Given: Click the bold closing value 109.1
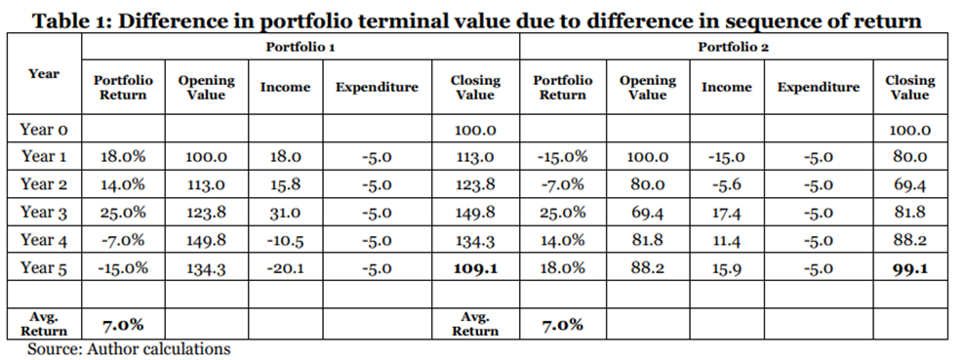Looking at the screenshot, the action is coord(475,268).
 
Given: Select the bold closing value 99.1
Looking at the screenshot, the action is coord(910,268).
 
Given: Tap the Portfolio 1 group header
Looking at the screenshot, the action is coord(300,47).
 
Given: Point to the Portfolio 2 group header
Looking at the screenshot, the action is coord(734,47).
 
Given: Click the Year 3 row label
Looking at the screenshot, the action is coord(44,213).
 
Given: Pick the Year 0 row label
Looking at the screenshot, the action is coord(44,130).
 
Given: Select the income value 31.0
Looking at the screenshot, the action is coord(285,214).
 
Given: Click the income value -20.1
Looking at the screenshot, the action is coord(285,269).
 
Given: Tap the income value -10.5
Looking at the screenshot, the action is coord(285,241).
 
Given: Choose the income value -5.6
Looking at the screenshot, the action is coord(726,185).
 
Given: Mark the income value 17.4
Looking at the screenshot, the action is coord(726,214).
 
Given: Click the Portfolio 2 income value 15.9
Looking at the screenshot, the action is coord(726,269).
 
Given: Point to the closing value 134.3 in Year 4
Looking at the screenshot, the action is coord(475,241).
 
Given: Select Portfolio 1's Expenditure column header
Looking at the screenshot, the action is coord(377,87).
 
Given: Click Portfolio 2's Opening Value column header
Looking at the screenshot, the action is coord(647,87).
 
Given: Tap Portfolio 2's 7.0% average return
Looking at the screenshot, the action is coord(562,324).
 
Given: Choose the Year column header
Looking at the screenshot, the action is coord(44,74).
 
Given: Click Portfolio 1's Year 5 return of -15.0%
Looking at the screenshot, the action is coord(123,269).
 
